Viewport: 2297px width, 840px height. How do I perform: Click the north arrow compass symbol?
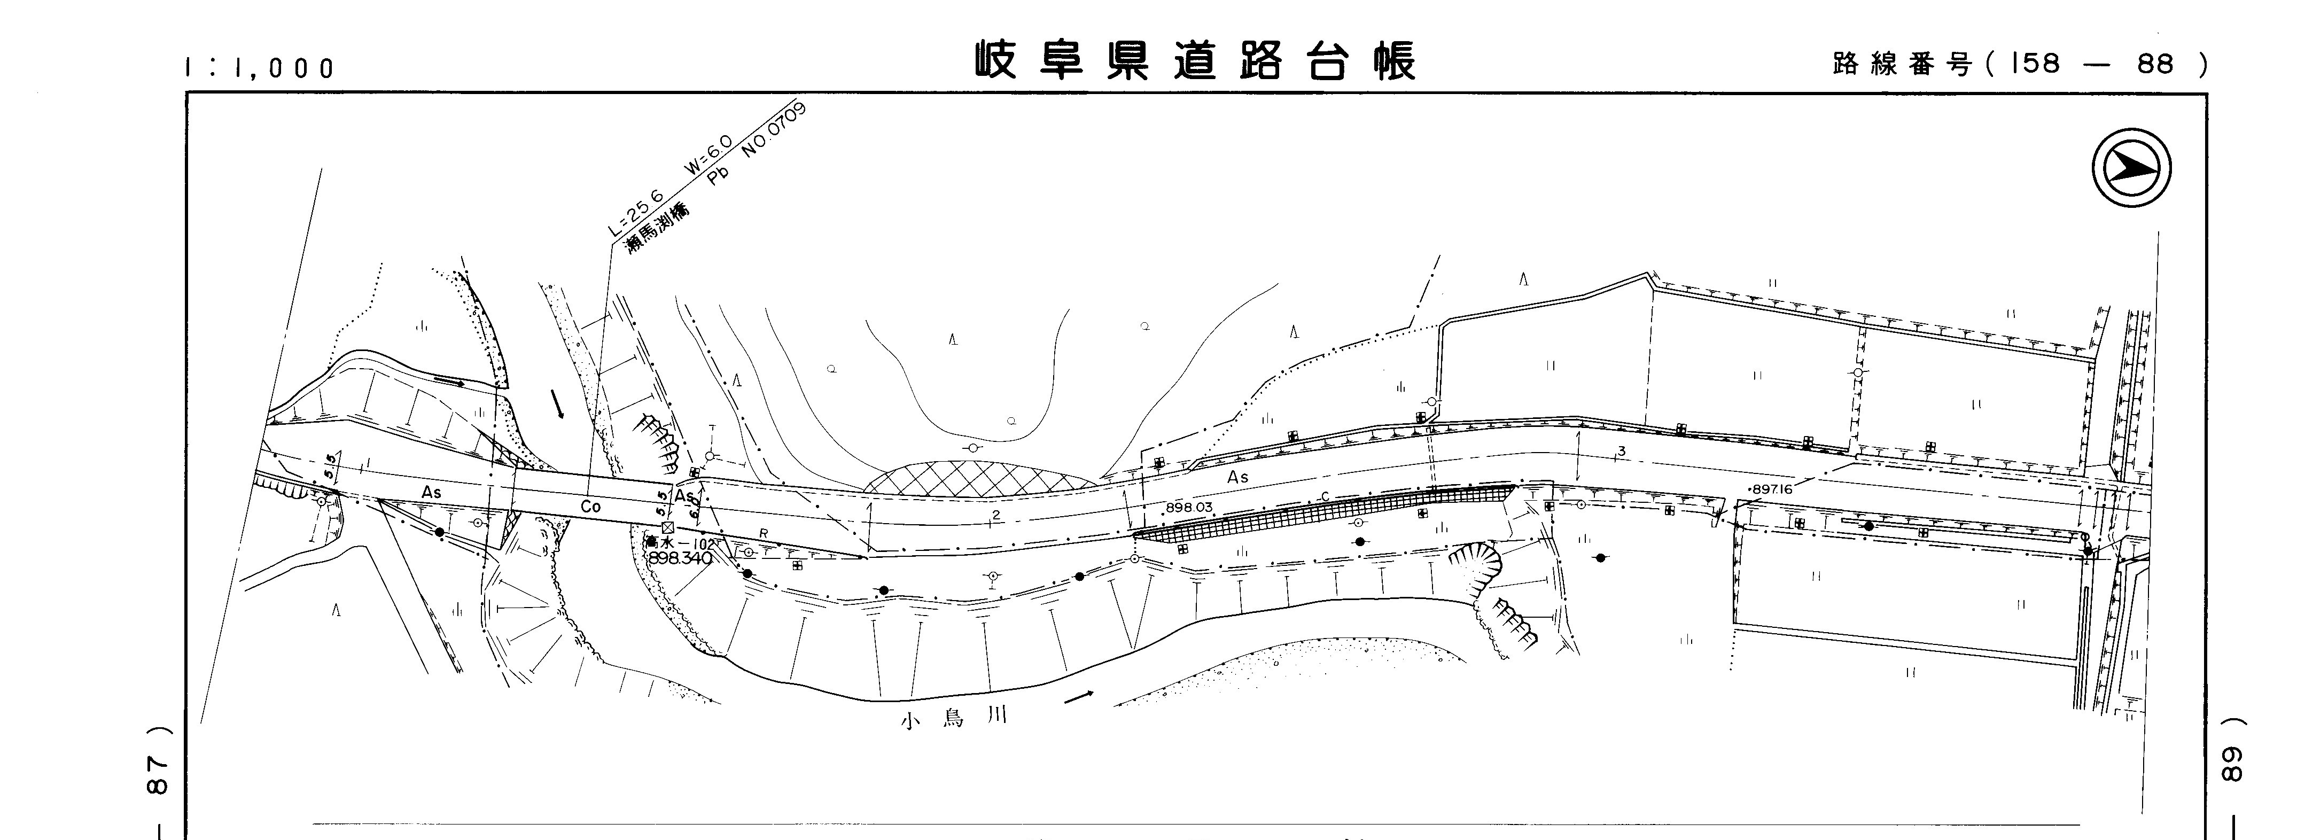click(2131, 168)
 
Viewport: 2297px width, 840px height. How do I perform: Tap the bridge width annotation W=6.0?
click(708, 154)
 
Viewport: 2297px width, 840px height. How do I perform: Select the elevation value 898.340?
click(680, 558)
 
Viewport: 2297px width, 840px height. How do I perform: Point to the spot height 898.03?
click(1189, 508)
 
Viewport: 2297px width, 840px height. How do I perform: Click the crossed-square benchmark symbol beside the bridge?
click(668, 528)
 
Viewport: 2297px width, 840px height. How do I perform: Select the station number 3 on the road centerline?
click(1621, 451)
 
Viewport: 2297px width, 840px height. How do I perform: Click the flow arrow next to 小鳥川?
click(1078, 696)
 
